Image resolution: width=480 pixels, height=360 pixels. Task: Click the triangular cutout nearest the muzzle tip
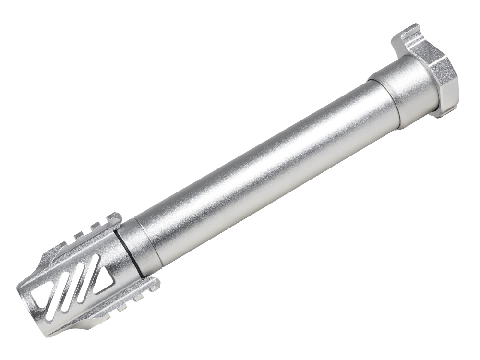(x=37, y=296)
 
